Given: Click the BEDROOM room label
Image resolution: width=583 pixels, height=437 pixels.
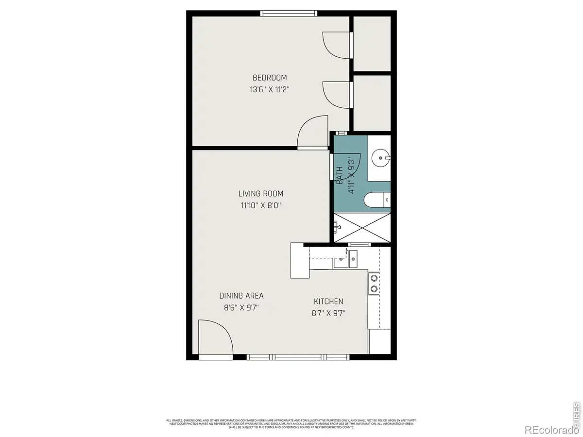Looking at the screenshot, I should point(269,78).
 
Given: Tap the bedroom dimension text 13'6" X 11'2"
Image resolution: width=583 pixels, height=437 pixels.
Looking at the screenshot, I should point(269,89).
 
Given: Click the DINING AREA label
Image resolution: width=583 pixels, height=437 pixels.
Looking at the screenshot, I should point(241,296).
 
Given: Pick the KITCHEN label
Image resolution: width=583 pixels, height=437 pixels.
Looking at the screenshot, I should point(328,302).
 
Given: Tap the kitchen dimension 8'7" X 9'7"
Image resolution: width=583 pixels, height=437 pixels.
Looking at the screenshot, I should point(328,313).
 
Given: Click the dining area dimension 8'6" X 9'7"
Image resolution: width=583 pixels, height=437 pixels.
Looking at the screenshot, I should point(241,307).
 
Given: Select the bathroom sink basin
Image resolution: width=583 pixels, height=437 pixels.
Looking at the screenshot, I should point(379,157).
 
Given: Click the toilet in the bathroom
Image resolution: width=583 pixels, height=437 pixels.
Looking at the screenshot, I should point(376,199).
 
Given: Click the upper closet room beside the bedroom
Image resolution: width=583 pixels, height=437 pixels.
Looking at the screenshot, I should point(372,44).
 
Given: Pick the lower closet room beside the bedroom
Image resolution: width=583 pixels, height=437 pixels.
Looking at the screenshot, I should point(372,102).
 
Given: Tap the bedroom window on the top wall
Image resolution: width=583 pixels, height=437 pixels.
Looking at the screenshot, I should point(290,14).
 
